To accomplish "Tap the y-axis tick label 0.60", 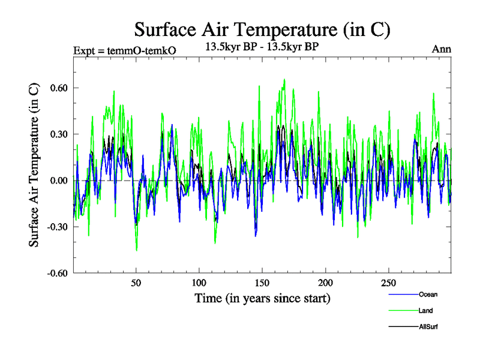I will pos(60,88).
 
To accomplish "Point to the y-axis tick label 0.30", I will pos(60,134).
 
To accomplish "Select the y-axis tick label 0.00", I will pos(60,181).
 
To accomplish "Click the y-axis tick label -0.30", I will pos(59,227).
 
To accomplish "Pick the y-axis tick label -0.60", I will pos(59,273).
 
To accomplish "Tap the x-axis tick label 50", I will pos(136,283).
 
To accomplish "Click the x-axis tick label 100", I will pos(199,283).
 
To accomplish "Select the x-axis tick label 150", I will pos(262,283).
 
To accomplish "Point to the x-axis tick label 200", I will pos(325,283).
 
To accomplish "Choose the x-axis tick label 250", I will pos(388,283).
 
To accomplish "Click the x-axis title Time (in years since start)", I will pos(262,298).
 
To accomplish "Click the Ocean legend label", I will pos(428,294).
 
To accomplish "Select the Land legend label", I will pos(427,310).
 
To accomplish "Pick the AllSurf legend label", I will pos(429,326).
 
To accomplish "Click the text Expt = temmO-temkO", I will pos(124,51).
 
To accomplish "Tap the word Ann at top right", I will pos(442,49).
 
